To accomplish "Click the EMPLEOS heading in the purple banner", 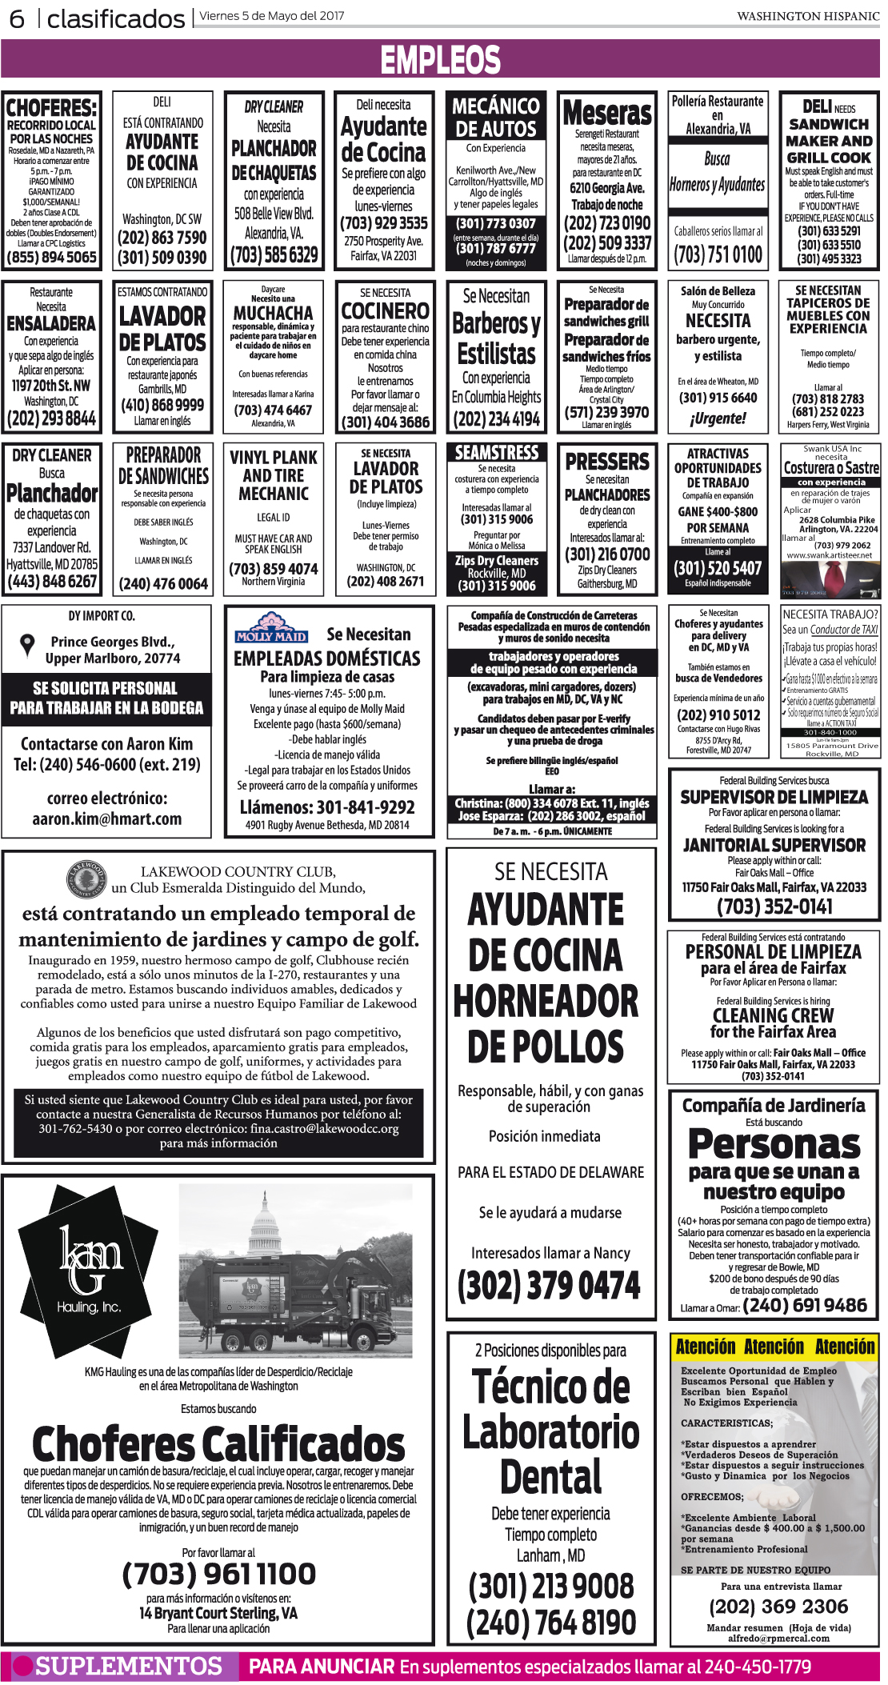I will [x=441, y=60].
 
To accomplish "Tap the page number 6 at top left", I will [x=17, y=18].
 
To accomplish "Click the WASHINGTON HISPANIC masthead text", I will [x=808, y=16].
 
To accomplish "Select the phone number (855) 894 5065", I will [x=51, y=257].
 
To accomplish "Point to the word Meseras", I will [x=606, y=114].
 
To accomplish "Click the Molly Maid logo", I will [x=271, y=628].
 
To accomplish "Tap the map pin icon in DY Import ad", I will [x=28, y=644].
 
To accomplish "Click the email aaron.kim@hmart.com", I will [x=106, y=818].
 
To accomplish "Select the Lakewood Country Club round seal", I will [x=86, y=879].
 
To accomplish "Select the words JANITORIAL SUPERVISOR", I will [x=774, y=845].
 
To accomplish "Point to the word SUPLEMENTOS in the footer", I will [x=128, y=1666].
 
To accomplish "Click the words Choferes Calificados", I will [x=218, y=1444].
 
